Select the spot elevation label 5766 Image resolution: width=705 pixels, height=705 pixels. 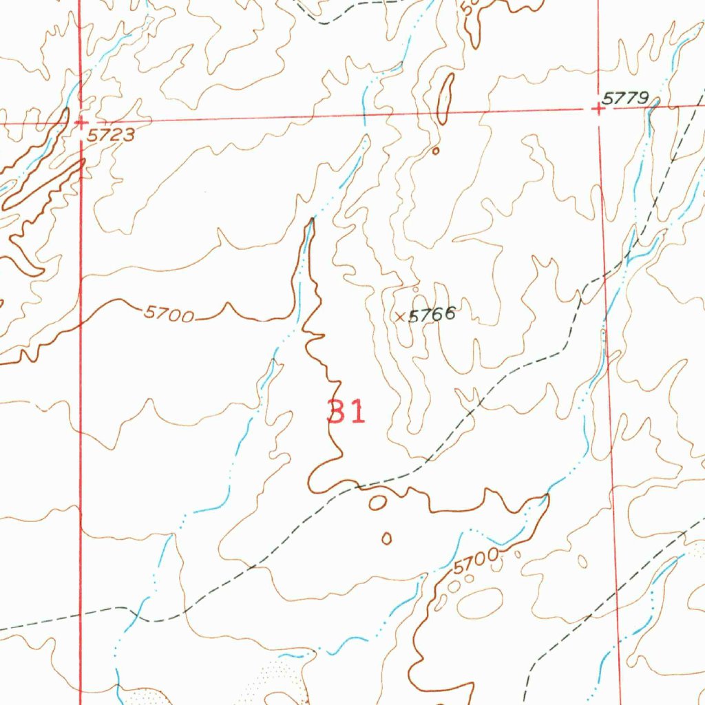click(432, 315)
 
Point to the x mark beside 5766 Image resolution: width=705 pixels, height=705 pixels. click(400, 317)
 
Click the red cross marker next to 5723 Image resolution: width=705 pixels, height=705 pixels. click(81, 123)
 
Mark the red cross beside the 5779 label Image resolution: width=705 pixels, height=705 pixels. click(598, 108)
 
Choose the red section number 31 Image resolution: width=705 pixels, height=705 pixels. click(346, 412)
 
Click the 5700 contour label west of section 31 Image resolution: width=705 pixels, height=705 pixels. click(169, 315)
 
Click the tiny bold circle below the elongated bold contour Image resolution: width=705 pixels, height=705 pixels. click(435, 150)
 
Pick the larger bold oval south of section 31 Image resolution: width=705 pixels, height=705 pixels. click(377, 503)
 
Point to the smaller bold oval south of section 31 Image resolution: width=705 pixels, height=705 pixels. click(386, 538)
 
